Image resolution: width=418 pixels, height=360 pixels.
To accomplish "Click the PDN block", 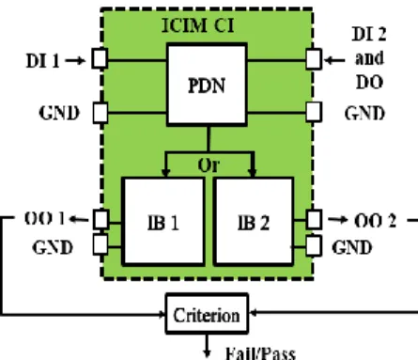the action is coord(207,85).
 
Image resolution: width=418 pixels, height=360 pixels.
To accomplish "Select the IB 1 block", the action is coord(163,222).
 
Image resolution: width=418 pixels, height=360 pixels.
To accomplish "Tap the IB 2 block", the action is coord(254,222).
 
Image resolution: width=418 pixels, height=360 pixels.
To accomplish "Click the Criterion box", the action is coord(207,314).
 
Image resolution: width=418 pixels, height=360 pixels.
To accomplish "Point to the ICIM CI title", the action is coord(198,25).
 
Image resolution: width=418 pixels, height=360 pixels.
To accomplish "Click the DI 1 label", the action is coord(42,61).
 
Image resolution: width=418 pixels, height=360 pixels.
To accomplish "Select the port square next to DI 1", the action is coord(100,58).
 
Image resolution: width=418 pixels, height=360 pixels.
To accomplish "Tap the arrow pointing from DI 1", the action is coord(75,60).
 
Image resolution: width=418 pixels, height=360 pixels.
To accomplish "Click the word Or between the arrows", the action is coord(209,165).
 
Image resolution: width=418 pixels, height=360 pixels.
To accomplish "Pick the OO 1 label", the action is coord(45,218).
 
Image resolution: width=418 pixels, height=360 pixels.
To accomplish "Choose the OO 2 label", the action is coord(376,221).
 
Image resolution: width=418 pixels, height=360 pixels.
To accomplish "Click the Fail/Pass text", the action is coord(260,353).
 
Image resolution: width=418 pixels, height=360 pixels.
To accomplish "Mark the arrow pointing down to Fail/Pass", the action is coord(207,346).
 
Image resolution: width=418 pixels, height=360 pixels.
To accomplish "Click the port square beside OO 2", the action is coord(314,219).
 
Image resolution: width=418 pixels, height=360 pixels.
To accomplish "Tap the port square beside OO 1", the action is coord(101,219).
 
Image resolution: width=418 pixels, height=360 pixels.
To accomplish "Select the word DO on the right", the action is coord(369,83).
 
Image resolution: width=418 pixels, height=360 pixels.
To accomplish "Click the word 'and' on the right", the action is coord(369,58).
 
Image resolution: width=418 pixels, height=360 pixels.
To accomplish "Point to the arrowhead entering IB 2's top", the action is coord(253,173).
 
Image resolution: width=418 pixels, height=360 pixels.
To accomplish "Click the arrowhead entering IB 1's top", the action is coord(165,173).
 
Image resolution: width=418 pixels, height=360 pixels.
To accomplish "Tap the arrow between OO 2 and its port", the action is coord(338,220).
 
